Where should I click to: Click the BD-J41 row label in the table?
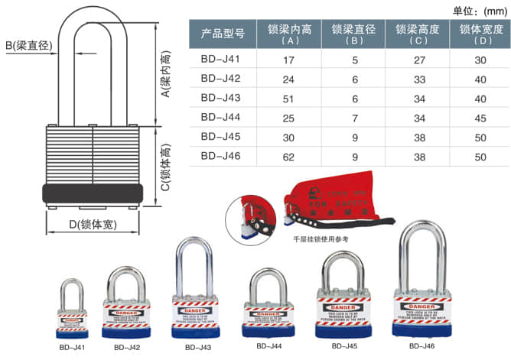(x=220, y=59)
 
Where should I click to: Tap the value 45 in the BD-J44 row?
(x=480, y=117)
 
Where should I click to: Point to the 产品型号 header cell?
(x=222, y=34)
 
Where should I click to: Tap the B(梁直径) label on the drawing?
(x=30, y=47)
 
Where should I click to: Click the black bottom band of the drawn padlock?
(x=93, y=193)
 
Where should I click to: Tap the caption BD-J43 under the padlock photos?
(x=194, y=347)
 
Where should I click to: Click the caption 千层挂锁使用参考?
(x=321, y=239)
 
